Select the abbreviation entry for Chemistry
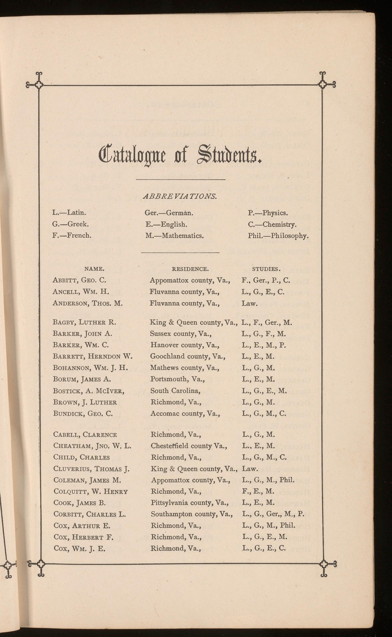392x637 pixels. (272, 224)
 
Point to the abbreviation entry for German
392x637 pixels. (169, 213)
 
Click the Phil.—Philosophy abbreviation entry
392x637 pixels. (278, 236)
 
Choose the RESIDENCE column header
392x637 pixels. (190, 269)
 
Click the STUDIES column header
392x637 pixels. (266, 269)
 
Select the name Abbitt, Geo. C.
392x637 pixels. (79, 280)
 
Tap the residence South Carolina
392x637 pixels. (176, 391)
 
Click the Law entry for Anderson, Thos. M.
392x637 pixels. (249, 303)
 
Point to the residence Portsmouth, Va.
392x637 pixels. (178, 379)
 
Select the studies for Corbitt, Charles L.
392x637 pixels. (273, 514)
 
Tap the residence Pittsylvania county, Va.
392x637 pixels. (190, 503)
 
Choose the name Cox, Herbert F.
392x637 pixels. (83, 537)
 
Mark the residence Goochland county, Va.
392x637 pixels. (188, 356)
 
